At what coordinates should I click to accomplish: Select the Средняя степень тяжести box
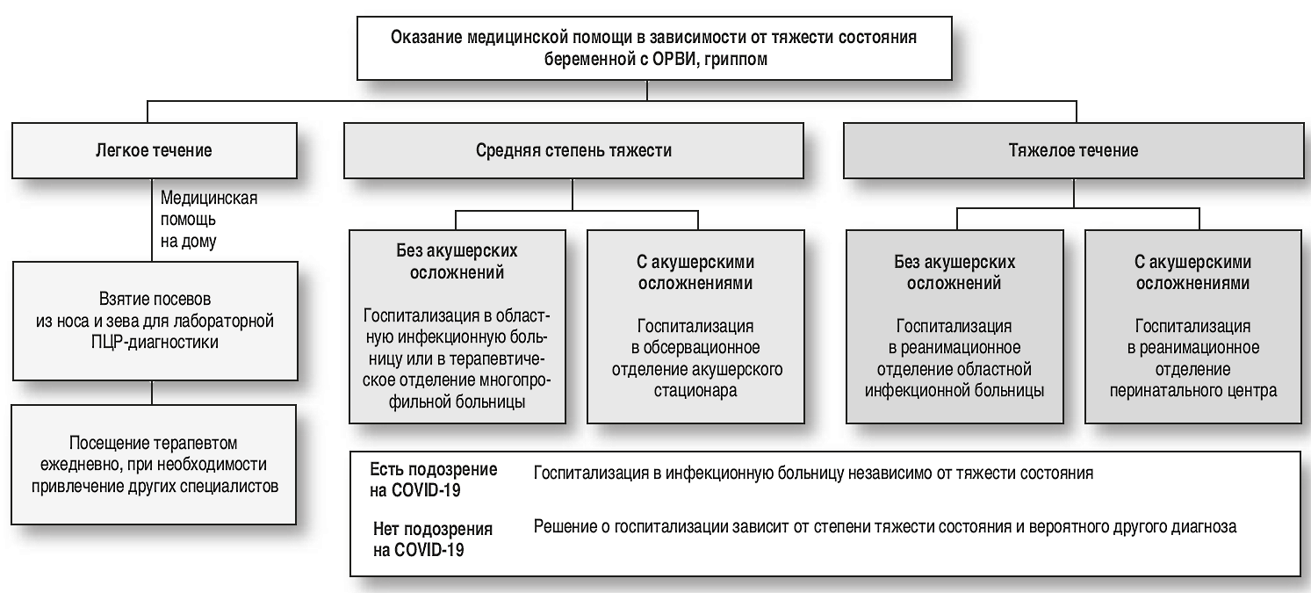pos(573,150)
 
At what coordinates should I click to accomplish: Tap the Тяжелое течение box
pos(1073,150)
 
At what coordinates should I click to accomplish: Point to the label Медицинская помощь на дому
pos(208,217)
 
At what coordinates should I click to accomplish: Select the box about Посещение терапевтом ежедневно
pos(153,463)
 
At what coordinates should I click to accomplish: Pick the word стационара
pos(696,390)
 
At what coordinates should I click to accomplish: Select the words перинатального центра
pos(1192,390)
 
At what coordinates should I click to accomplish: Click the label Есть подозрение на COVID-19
pos(433,480)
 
